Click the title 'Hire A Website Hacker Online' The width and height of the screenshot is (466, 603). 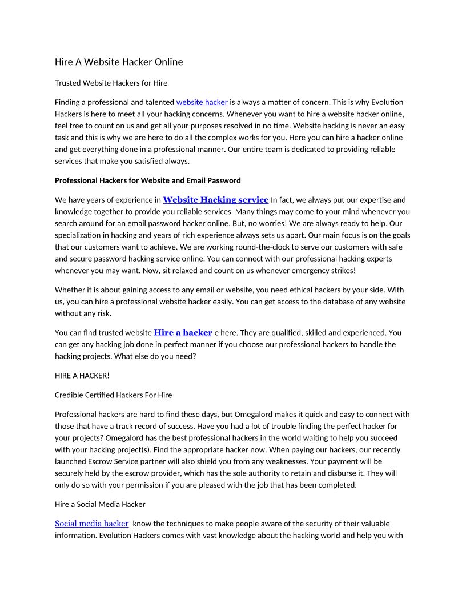[x=119, y=62]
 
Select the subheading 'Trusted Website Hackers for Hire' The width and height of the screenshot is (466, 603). [x=111, y=83]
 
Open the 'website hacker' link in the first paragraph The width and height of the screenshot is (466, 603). [x=202, y=102]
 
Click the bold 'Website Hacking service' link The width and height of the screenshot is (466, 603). [x=215, y=200]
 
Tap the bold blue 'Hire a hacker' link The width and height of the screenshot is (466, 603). [x=183, y=332]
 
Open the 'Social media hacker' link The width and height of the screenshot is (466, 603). [x=91, y=524]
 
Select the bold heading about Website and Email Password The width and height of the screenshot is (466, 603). [x=147, y=180]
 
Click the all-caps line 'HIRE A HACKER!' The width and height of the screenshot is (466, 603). [x=82, y=375]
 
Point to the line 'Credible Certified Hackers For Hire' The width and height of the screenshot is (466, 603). [x=113, y=395]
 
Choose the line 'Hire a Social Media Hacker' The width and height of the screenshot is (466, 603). [x=100, y=504]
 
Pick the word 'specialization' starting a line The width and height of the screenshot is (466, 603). [x=79, y=235]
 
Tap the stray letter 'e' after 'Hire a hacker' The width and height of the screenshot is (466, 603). [x=217, y=333]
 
